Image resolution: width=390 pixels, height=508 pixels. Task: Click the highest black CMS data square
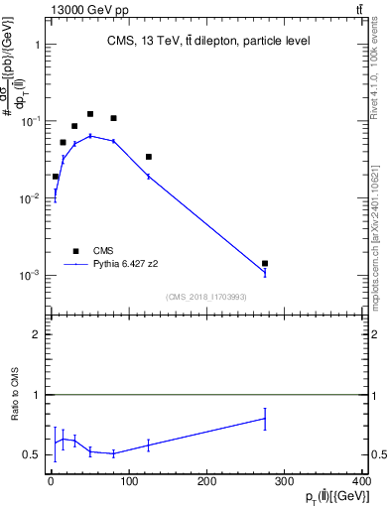(90, 114)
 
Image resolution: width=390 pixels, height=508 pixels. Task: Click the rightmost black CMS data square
(265, 263)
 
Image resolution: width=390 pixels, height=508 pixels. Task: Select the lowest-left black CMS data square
(56, 176)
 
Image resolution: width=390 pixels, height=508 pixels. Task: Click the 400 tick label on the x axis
(362, 482)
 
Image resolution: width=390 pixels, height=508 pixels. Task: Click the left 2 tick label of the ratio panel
(37, 334)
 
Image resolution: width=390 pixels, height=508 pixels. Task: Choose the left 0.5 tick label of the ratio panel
(33, 454)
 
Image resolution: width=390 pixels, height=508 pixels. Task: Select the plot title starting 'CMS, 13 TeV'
(208, 42)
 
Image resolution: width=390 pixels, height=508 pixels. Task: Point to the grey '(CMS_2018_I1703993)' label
(206, 297)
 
